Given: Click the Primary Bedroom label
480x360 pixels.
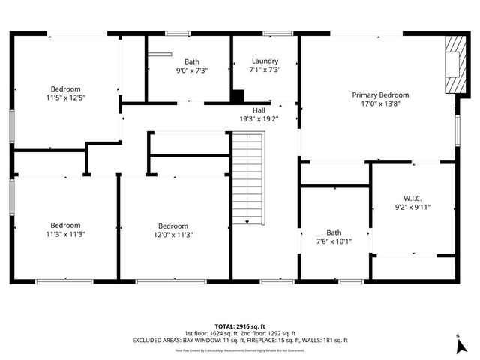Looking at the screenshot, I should pos(380,94).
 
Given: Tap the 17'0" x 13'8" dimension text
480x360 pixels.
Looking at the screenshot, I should pos(380,104).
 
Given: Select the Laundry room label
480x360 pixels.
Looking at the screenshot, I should pos(265,61).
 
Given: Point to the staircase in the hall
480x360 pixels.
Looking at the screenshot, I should pos(248,178).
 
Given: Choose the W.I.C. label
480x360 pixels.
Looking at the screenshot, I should pos(412,198).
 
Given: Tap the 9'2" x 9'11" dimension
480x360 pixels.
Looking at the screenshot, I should pos(412,208).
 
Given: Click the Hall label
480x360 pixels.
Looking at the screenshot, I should pos(258,109).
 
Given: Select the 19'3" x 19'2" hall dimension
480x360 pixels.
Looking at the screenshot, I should pos(258,118).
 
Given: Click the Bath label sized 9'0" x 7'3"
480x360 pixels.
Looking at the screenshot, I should pos(192,61).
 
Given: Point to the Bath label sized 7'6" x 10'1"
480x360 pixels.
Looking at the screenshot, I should pos(334,232).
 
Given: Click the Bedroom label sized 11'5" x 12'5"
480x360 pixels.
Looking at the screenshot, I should pos(66,88).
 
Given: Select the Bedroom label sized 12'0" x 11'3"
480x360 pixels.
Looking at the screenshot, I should pos(173,225).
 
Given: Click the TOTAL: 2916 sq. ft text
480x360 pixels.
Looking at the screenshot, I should pos(240,325).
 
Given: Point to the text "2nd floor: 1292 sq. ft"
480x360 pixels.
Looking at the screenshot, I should pos(268,333).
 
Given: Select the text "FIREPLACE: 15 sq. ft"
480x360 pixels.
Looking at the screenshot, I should pos(277,340).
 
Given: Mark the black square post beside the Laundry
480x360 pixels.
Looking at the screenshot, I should pos(238,96).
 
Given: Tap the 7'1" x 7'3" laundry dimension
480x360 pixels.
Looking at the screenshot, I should pos(265,70).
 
